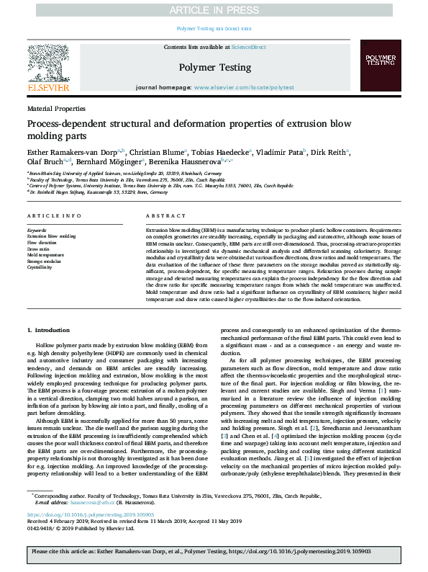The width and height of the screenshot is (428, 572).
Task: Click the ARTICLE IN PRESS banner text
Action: (214, 9)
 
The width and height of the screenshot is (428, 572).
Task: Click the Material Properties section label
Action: (55, 108)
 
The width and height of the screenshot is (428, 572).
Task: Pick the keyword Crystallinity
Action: (40, 267)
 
